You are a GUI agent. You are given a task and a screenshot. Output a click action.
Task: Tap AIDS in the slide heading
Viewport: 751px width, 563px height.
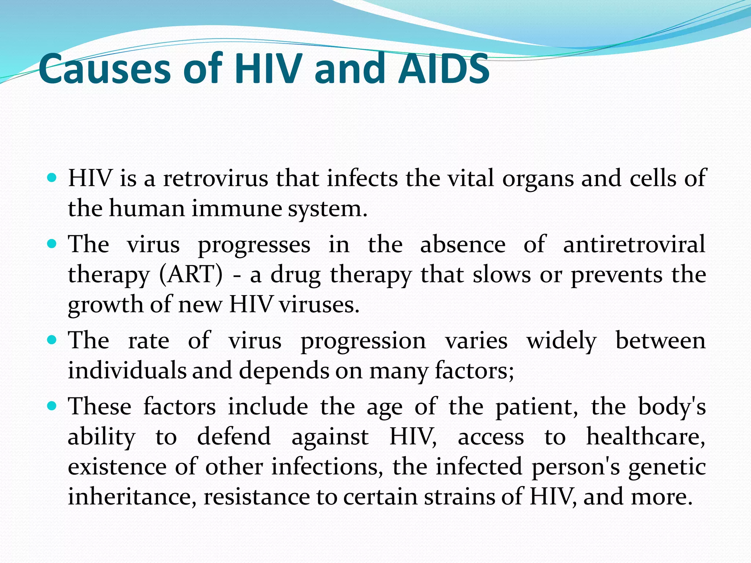click(444, 69)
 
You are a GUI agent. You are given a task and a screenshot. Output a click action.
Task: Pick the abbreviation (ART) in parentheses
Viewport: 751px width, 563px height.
click(191, 275)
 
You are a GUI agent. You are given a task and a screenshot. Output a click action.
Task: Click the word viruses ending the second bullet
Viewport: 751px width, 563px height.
click(319, 305)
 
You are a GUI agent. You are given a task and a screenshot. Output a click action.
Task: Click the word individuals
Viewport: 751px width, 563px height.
click(127, 370)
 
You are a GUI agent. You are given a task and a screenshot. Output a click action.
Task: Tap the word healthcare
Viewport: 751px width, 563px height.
click(646, 437)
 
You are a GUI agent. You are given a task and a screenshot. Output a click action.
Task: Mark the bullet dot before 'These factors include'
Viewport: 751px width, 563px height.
click(52, 406)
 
